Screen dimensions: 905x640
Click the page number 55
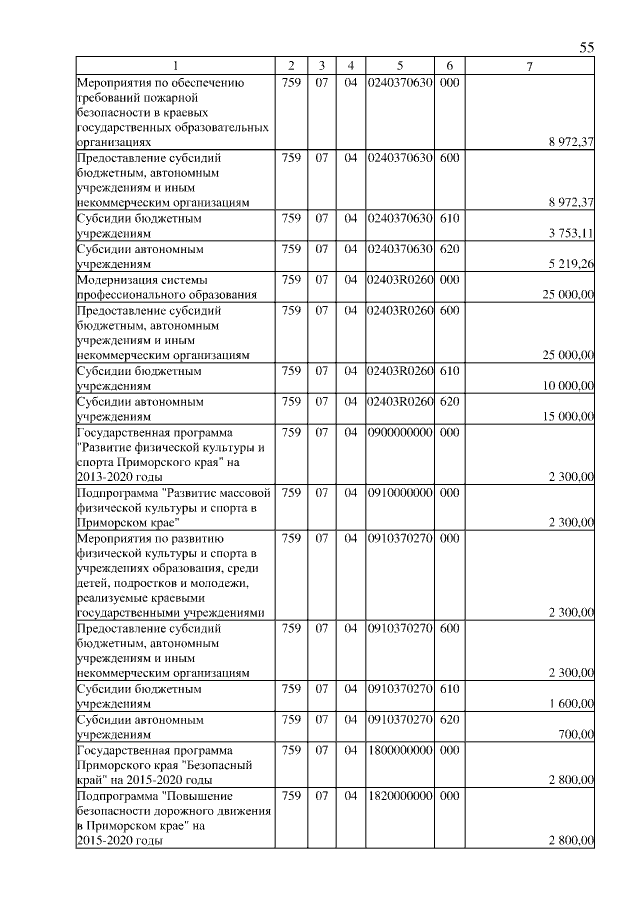point(587,48)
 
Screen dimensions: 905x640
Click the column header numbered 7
point(530,66)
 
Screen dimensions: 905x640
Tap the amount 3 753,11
point(572,233)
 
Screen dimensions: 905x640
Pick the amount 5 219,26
point(572,264)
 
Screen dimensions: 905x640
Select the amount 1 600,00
point(572,704)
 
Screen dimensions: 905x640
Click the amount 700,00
point(578,735)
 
